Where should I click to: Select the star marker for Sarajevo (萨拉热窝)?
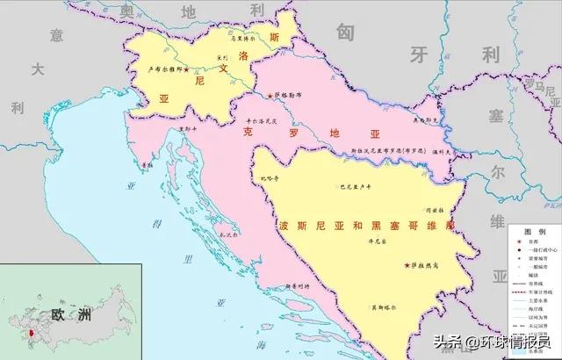[x=407, y=264]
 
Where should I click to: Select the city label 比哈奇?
[x=268, y=178]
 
